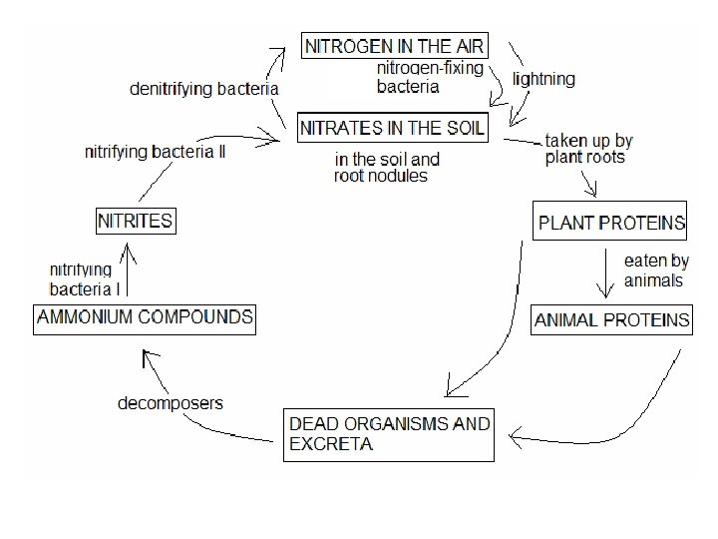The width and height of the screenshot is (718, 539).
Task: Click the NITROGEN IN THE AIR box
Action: coord(395,46)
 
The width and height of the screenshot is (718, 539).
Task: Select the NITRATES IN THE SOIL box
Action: coord(393,128)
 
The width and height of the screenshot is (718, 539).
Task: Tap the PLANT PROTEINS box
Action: coord(611,221)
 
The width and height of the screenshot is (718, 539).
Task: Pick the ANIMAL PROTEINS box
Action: coord(611,320)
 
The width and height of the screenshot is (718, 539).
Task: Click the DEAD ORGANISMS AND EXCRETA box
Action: coord(389,434)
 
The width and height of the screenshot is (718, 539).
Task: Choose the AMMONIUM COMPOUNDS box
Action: coord(145,318)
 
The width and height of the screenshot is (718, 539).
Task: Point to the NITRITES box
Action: coord(135,221)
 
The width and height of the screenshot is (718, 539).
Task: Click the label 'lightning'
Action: coord(543,79)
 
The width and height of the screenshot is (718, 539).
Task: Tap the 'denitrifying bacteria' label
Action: coord(204,89)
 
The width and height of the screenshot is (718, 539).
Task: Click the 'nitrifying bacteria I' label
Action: coord(84,279)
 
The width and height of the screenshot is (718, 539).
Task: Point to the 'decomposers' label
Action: coord(171,403)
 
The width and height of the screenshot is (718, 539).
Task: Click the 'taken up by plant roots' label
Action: coord(588,149)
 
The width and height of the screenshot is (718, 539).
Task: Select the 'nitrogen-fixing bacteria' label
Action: coord(429,77)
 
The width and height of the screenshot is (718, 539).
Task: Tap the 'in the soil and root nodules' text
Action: coord(386,167)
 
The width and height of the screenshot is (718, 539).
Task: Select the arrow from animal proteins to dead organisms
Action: coord(638,394)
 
